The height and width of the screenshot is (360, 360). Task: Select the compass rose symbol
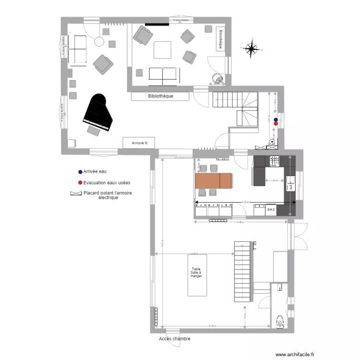point(251,48)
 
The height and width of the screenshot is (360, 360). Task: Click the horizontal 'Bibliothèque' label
point(160,96)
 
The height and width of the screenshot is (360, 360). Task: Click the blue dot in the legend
point(80,171)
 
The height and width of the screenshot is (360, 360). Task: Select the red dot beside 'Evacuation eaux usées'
point(80,183)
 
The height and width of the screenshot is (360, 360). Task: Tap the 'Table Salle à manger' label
point(197,273)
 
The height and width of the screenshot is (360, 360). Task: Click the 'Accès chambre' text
point(174,339)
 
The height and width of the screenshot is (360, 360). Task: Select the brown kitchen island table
point(214,181)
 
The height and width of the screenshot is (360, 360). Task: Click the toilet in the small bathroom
point(279,321)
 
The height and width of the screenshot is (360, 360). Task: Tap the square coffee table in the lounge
point(162,50)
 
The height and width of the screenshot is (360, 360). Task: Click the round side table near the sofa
point(99,42)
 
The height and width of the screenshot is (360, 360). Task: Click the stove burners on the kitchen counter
point(275,161)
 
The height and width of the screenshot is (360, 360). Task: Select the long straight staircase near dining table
point(243,272)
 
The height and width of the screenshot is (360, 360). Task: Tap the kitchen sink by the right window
point(291,180)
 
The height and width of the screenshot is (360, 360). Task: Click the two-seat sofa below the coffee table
point(163,74)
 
